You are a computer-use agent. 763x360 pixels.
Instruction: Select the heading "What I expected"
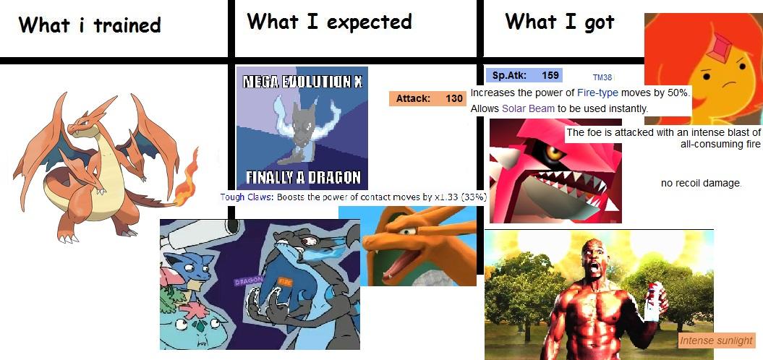(329, 22)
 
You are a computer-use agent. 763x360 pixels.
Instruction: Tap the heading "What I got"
(559, 22)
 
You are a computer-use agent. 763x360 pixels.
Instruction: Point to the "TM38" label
(602, 77)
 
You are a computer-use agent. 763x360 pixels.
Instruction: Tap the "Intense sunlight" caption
(716, 340)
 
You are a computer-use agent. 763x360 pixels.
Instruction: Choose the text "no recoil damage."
(701, 183)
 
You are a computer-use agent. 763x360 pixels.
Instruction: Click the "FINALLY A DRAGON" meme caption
(302, 178)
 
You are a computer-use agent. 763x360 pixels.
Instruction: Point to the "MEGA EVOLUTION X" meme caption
(302, 81)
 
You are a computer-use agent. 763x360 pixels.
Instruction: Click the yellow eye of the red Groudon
(553, 154)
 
